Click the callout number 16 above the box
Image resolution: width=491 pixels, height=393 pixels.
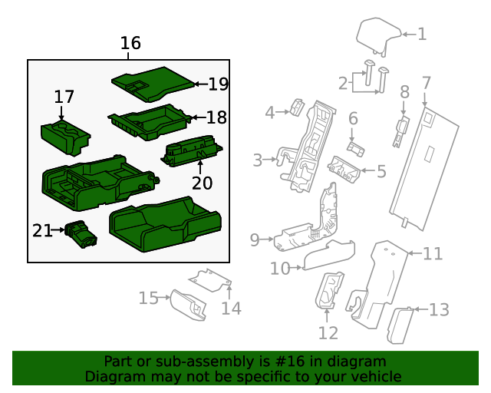[130, 43]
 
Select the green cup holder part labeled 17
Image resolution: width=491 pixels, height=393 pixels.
[64, 135]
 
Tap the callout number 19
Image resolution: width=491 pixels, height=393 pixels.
[219, 84]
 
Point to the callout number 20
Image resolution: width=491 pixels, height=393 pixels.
[202, 183]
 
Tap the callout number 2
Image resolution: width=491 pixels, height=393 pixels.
[342, 83]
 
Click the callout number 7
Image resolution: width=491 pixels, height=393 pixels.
[427, 82]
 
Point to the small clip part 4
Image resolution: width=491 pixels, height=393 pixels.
[298, 107]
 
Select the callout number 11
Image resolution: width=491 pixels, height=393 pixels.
[433, 253]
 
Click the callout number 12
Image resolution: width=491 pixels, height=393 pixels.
[328, 333]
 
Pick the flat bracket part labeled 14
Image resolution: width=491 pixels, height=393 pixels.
[211, 280]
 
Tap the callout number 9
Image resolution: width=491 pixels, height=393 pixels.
[255, 240]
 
